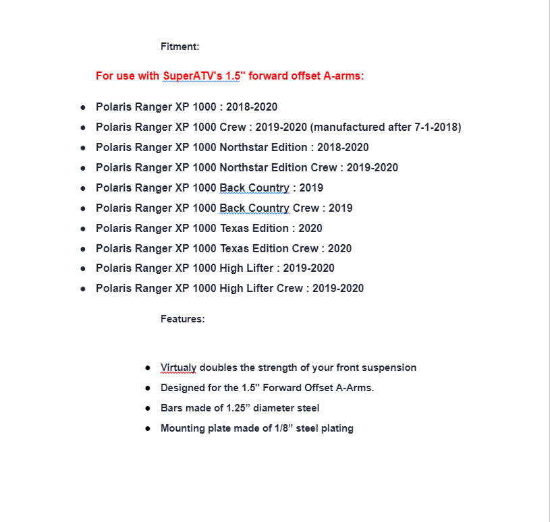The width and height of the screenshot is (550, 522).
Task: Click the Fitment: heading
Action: [180, 47]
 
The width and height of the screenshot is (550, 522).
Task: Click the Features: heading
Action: [182, 319]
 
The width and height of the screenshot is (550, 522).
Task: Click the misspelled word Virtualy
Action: [178, 368]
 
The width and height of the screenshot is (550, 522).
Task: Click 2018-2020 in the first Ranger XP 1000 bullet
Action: [252, 107]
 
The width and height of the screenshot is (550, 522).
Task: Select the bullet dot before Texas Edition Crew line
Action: [83, 249]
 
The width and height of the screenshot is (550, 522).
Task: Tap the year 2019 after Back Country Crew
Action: [340, 208]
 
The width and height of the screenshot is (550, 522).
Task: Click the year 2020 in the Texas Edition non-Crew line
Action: [310, 228]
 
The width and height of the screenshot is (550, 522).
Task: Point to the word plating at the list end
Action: [337, 428]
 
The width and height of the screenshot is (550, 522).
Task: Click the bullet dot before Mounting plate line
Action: [148, 429]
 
